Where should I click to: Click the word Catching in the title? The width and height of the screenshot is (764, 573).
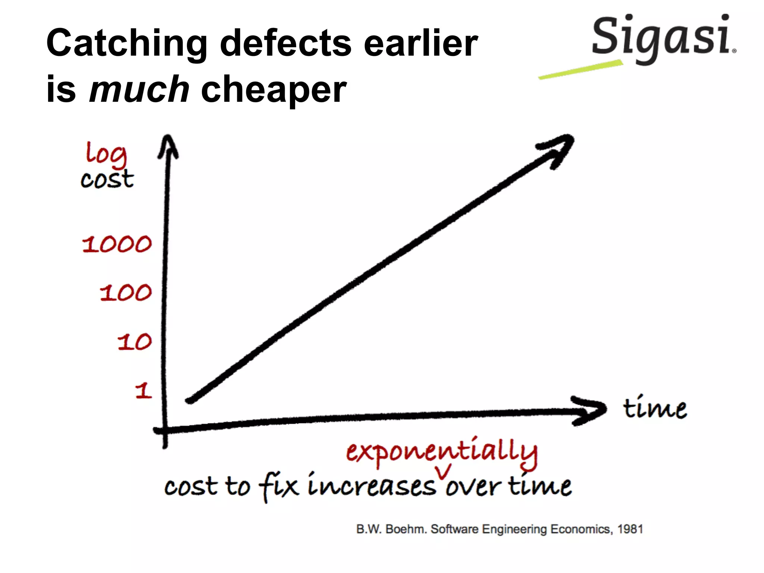tap(127, 44)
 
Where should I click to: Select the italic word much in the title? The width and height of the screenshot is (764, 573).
tap(139, 90)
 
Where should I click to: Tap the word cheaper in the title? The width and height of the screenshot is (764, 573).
tap(273, 90)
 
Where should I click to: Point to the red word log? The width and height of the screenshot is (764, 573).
tap(106, 154)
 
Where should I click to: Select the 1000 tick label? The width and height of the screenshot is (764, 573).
tap(117, 244)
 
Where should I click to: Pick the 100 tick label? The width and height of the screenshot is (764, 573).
tap(126, 292)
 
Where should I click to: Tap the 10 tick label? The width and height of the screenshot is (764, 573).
tap(134, 342)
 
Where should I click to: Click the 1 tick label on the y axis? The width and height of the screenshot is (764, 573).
tap(144, 391)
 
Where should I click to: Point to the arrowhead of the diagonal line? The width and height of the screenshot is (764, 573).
tap(560, 149)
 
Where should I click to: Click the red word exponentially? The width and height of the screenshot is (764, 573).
tap(442, 452)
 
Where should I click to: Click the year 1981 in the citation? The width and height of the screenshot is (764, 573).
tap(630, 529)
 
